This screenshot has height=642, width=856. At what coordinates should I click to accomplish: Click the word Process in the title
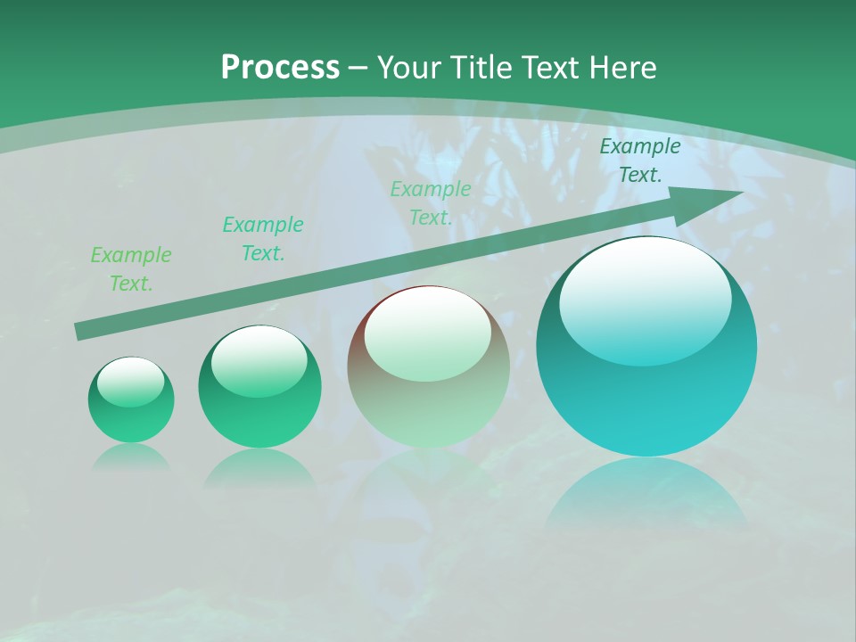pos(280,68)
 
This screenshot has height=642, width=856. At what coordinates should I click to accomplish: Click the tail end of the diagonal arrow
pos(82,331)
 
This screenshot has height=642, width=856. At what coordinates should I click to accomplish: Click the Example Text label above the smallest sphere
pos(131,269)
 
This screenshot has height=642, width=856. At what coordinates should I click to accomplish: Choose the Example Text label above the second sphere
pos(263,239)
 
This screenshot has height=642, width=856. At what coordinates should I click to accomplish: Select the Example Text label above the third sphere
pos(431,203)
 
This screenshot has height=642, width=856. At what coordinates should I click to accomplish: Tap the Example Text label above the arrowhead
pos(640,160)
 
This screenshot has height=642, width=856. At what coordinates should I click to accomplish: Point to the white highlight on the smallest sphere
pos(131,382)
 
